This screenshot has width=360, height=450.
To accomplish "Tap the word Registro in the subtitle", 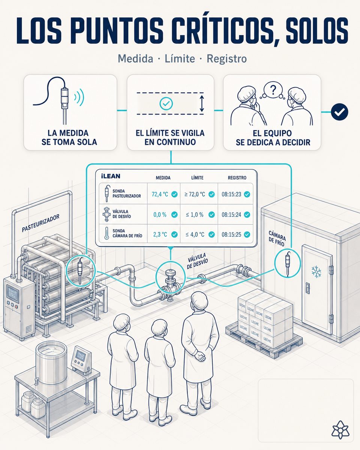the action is point(227,58).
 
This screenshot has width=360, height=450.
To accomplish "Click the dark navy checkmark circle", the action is point(339,112).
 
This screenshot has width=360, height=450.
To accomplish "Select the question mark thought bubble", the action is point(273,90).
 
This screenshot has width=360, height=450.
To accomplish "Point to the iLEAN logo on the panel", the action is point(111,176).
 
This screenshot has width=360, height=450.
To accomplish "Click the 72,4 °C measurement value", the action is point(160,194).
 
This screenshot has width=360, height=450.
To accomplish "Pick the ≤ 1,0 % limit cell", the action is point(195,214).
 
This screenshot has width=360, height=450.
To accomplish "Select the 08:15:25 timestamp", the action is point(231,234).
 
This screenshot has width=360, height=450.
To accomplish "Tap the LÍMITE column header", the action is point(197,178).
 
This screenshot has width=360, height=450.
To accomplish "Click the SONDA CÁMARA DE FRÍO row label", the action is point(127,233).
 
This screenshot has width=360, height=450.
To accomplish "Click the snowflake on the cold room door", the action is point(316,271).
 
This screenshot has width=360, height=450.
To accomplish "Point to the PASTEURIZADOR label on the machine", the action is point(40,223).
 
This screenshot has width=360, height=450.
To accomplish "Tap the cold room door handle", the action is point(307,288).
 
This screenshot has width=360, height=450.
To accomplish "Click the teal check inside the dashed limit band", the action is point(166,103).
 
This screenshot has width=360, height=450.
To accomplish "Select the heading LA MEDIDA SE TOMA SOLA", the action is point(69,137).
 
